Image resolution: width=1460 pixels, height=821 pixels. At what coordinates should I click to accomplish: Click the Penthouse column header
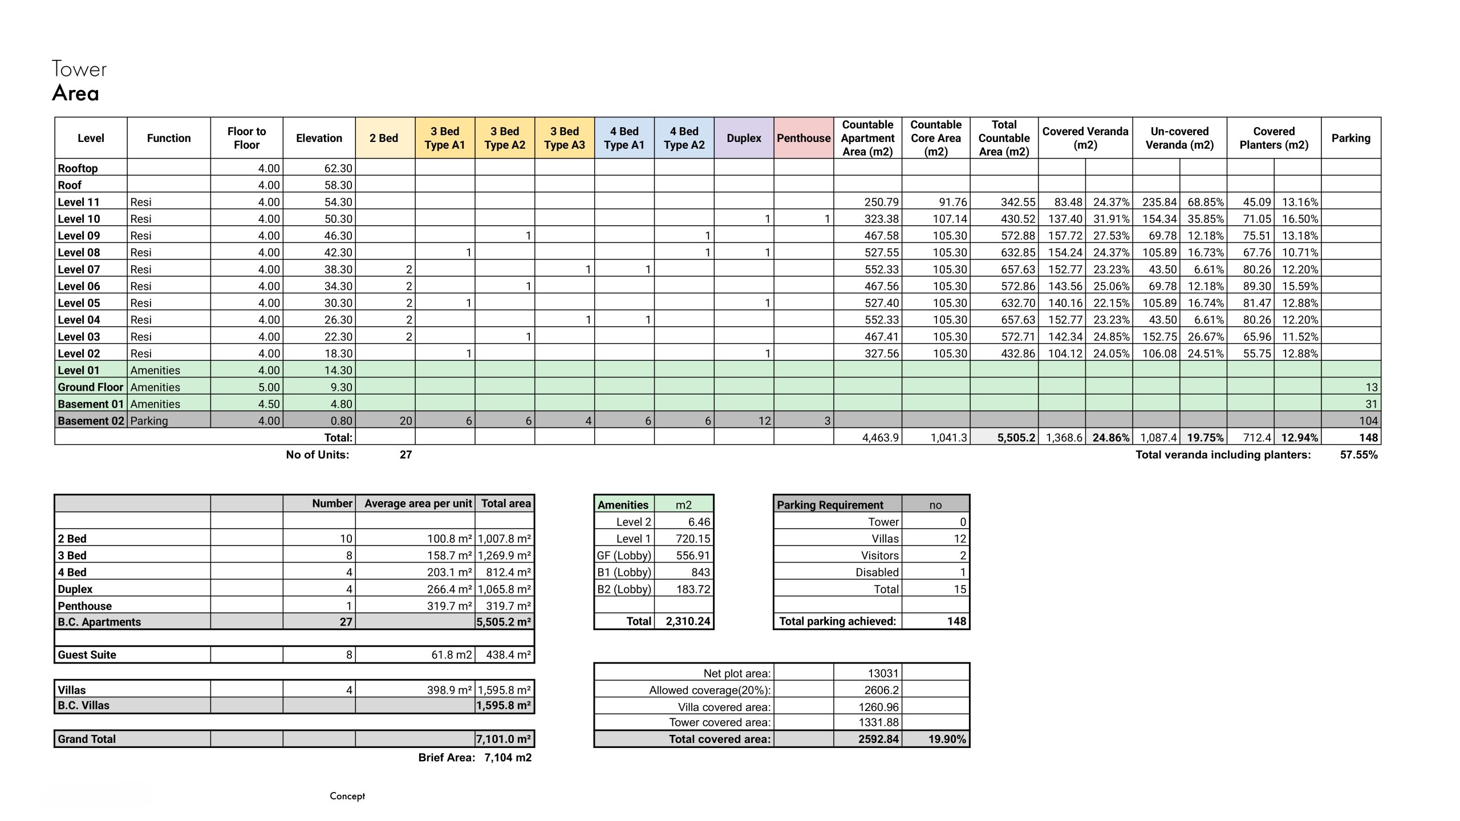tap(803, 138)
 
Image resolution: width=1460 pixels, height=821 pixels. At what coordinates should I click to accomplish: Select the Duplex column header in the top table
tap(744, 138)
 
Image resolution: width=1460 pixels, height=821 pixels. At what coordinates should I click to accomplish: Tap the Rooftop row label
tap(78, 168)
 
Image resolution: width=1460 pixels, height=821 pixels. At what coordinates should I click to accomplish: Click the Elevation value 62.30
tap(338, 168)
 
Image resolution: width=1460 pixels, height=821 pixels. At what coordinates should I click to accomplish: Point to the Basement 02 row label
tap(91, 421)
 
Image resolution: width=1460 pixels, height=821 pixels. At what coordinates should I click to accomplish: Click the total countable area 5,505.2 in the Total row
tap(1016, 438)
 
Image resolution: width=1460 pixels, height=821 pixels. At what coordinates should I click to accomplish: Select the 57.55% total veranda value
tap(1358, 455)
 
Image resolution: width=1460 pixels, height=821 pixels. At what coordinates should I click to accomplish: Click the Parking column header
tap(1350, 138)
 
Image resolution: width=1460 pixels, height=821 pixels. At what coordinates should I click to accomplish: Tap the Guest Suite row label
tap(87, 655)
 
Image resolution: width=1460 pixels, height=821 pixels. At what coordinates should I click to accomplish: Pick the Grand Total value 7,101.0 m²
tap(504, 739)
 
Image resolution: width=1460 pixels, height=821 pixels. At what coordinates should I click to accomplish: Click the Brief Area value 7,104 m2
tap(508, 758)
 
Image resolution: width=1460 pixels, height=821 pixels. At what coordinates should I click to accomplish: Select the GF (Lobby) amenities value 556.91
tap(693, 555)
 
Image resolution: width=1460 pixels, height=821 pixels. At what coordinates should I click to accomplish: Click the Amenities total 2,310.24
tap(688, 621)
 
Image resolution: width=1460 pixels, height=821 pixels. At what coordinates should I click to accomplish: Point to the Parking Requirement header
tap(830, 505)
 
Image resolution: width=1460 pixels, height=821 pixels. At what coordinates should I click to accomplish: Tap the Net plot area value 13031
tap(883, 673)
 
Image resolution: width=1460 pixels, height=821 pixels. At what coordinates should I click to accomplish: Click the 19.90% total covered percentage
tap(947, 739)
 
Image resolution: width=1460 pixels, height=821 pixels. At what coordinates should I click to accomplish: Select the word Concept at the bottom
tap(347, 796)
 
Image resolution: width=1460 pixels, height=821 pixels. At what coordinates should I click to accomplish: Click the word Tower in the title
tap(79, 69)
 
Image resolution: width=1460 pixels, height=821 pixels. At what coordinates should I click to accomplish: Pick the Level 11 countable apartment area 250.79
tap(881, 202)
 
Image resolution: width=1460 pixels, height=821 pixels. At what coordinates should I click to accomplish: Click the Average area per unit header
tap(418, 503)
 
